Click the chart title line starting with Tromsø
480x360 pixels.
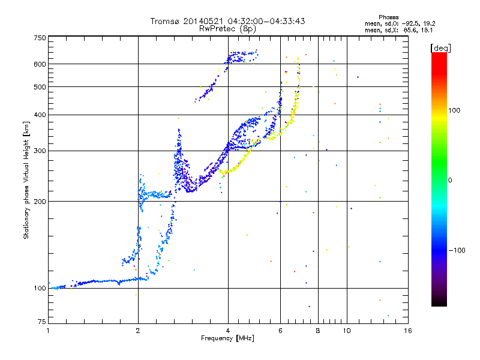pyautogui.click(x=227, y=22)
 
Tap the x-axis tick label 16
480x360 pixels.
pyautogui.click(x=407, y=331)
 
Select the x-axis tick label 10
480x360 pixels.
pyautogui.click(x=346, y=331)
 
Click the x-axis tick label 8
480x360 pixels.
pyautogui.click(x=318, y=331)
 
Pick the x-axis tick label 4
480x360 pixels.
pyautogui.click(x=228, y=331)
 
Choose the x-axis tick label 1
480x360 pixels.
pyautogui.click(x=48, y=331)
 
